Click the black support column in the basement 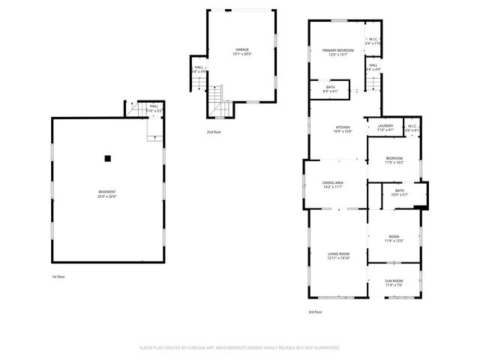[x=108, y=157]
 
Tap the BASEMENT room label [x=106, y=192]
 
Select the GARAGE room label [x=242, y=50]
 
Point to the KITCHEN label [x=342, y=127]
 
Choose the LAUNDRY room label [x=385, y=126]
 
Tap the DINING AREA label [x=333, y=183]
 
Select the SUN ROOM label [x=394, y=281]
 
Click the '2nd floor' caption [x=214, y=131]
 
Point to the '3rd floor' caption [x=315, y=311]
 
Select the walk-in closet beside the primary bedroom [x=373, y=41]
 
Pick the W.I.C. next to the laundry [x=412, y=128]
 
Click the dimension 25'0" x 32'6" [x=106, y=196]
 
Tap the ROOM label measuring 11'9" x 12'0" [x=394, y=238]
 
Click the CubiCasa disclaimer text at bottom [x=240, y=347]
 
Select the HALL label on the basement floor [x=153, y=107]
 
